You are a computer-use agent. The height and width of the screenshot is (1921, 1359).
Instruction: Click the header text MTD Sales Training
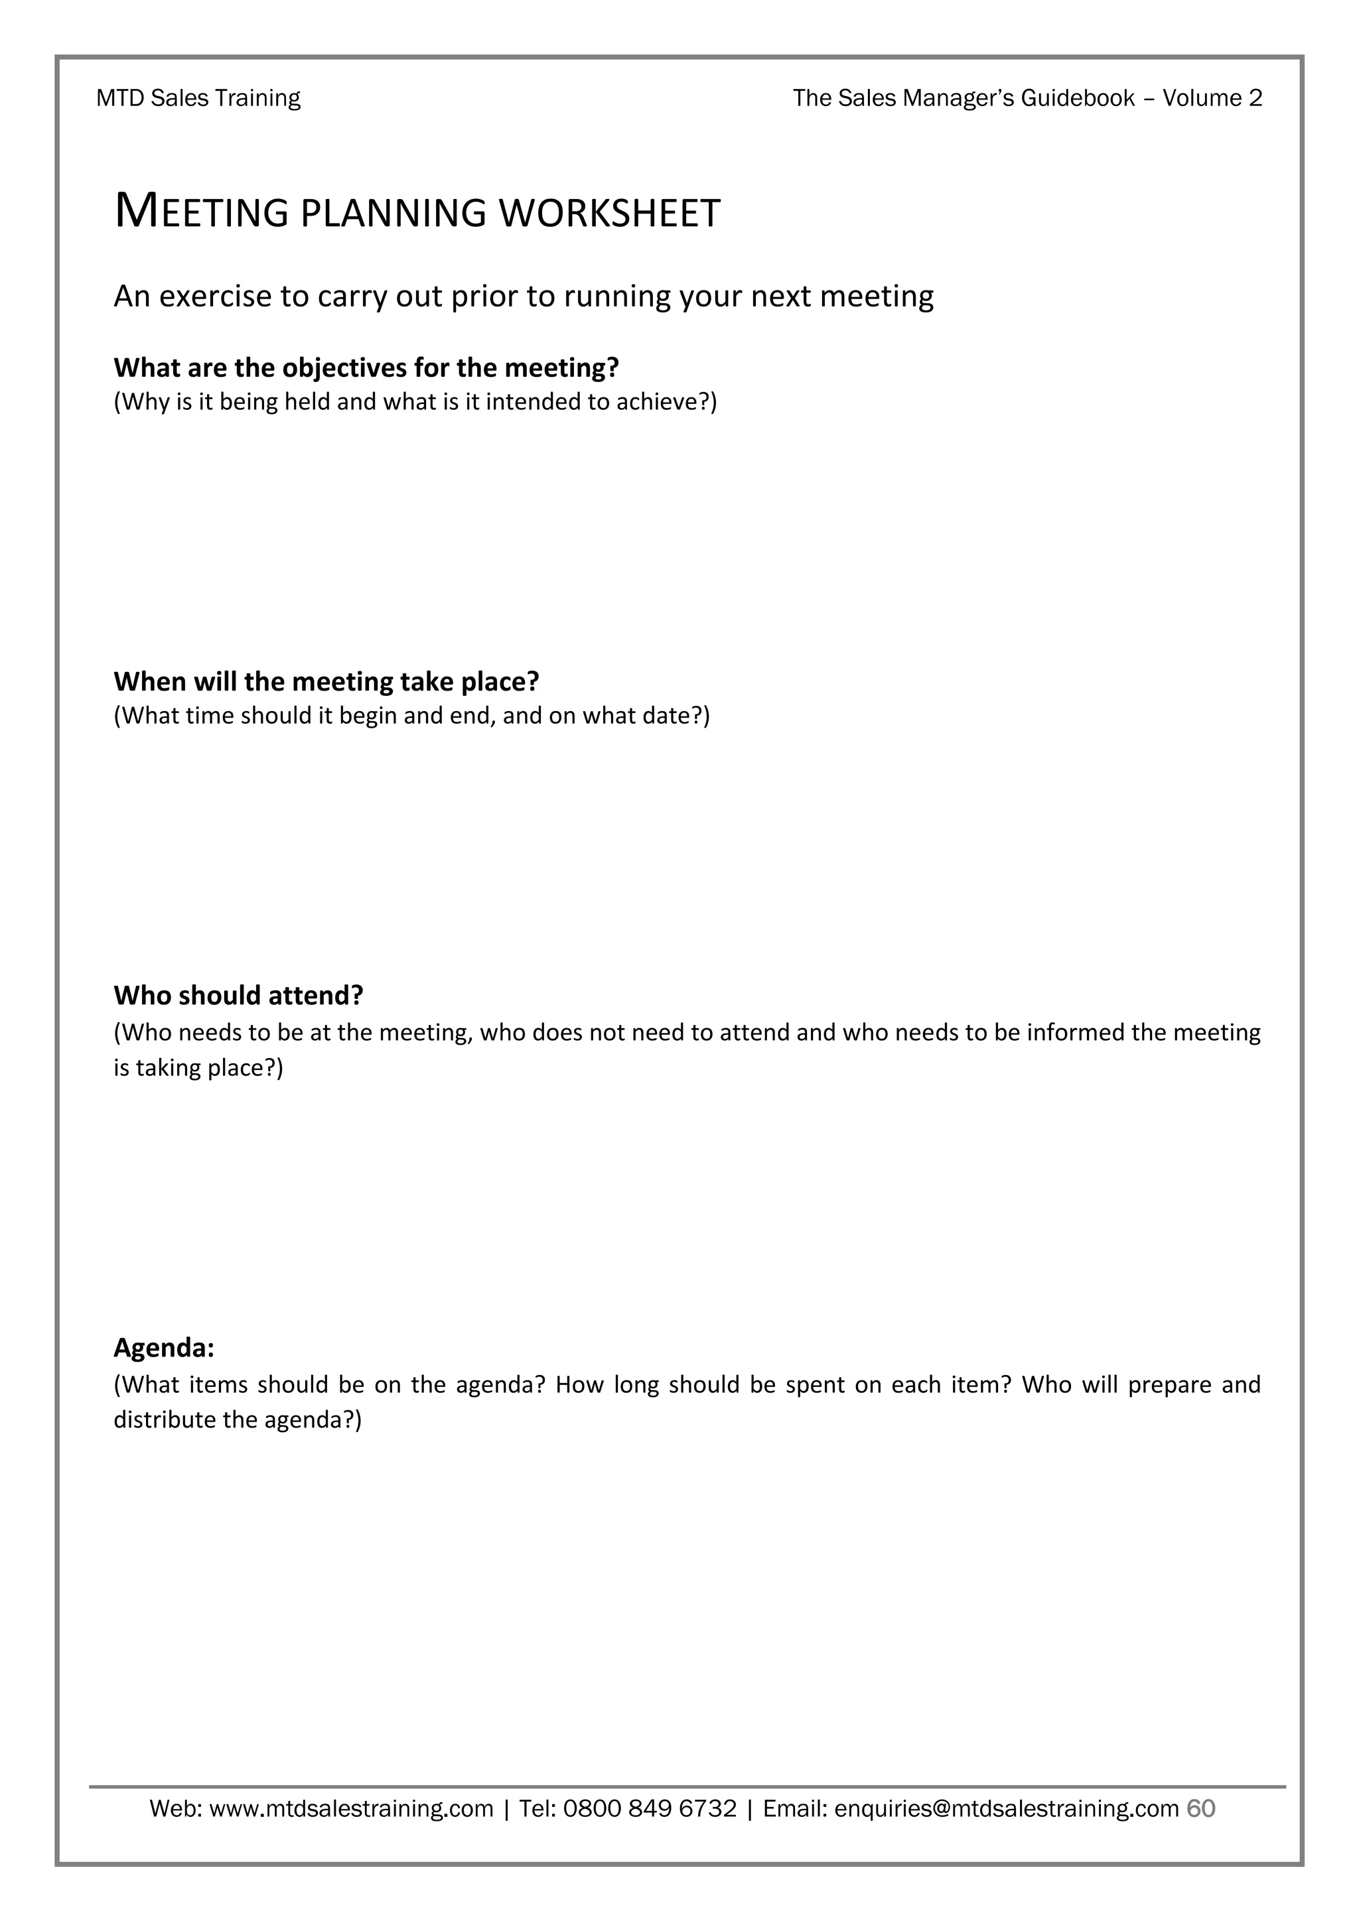(x=198, y=99)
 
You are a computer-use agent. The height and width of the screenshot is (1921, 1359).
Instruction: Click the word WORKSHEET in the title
(x=609, y=214)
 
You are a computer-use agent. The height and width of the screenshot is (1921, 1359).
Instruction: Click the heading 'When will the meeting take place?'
(x=326, y=681)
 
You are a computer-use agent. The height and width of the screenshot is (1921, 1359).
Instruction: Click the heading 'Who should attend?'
(x=238, y=995)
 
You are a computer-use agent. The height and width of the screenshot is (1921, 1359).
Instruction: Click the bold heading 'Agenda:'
(x=164, y=1348)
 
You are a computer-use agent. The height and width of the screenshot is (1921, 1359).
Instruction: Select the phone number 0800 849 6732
(x=650, y=1809)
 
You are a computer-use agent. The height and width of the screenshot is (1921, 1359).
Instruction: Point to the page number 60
(x=1201, y=1809)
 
